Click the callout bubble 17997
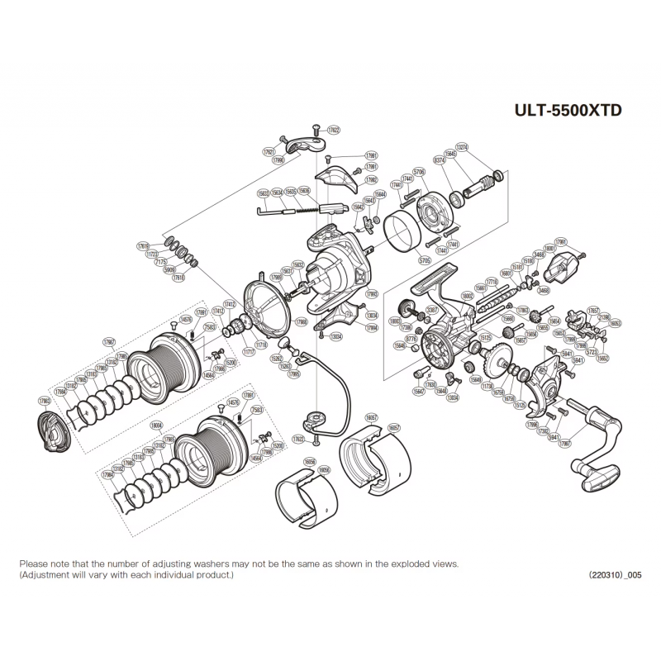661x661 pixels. click(565, 443)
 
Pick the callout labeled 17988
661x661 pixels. click(302, 322)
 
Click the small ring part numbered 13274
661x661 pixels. click(498, 174)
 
